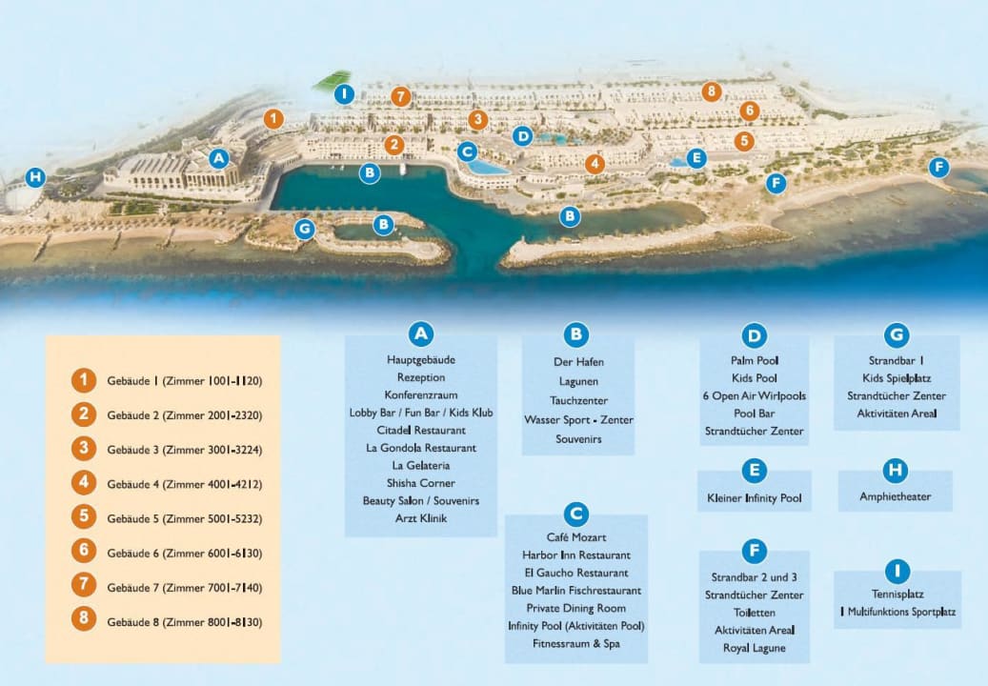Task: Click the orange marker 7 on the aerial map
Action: click(x=400, y=96)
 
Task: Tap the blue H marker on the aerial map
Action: click(x=35, y=177)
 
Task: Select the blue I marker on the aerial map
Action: click(x=345, y=93)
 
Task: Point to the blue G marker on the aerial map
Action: click(x=304, y=229)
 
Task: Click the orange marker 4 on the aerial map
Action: click(x=595, y=164)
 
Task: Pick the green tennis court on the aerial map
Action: click(x=332, y=81)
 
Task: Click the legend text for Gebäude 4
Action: click(x=184, y=484)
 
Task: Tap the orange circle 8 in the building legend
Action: click(x=84, y=621)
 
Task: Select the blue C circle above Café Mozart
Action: click(x=575, y=514)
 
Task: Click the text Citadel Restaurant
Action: click(x=420, y=431)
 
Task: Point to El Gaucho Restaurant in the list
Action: click(x=575, y=573)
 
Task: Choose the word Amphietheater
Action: click(x=895, y=496)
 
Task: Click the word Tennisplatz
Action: click(x=897, y=595)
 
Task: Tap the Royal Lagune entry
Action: click(x=754, y=648)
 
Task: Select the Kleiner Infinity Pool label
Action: click(x=754, y=498)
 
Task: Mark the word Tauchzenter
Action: click(x=578, y=401)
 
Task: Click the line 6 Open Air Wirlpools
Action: click(x=754, y=395)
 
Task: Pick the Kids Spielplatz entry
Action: click(x=897, y=378)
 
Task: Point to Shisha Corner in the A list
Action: click(x=420, y=483)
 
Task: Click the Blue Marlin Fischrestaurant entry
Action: click(x=575, y=591)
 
